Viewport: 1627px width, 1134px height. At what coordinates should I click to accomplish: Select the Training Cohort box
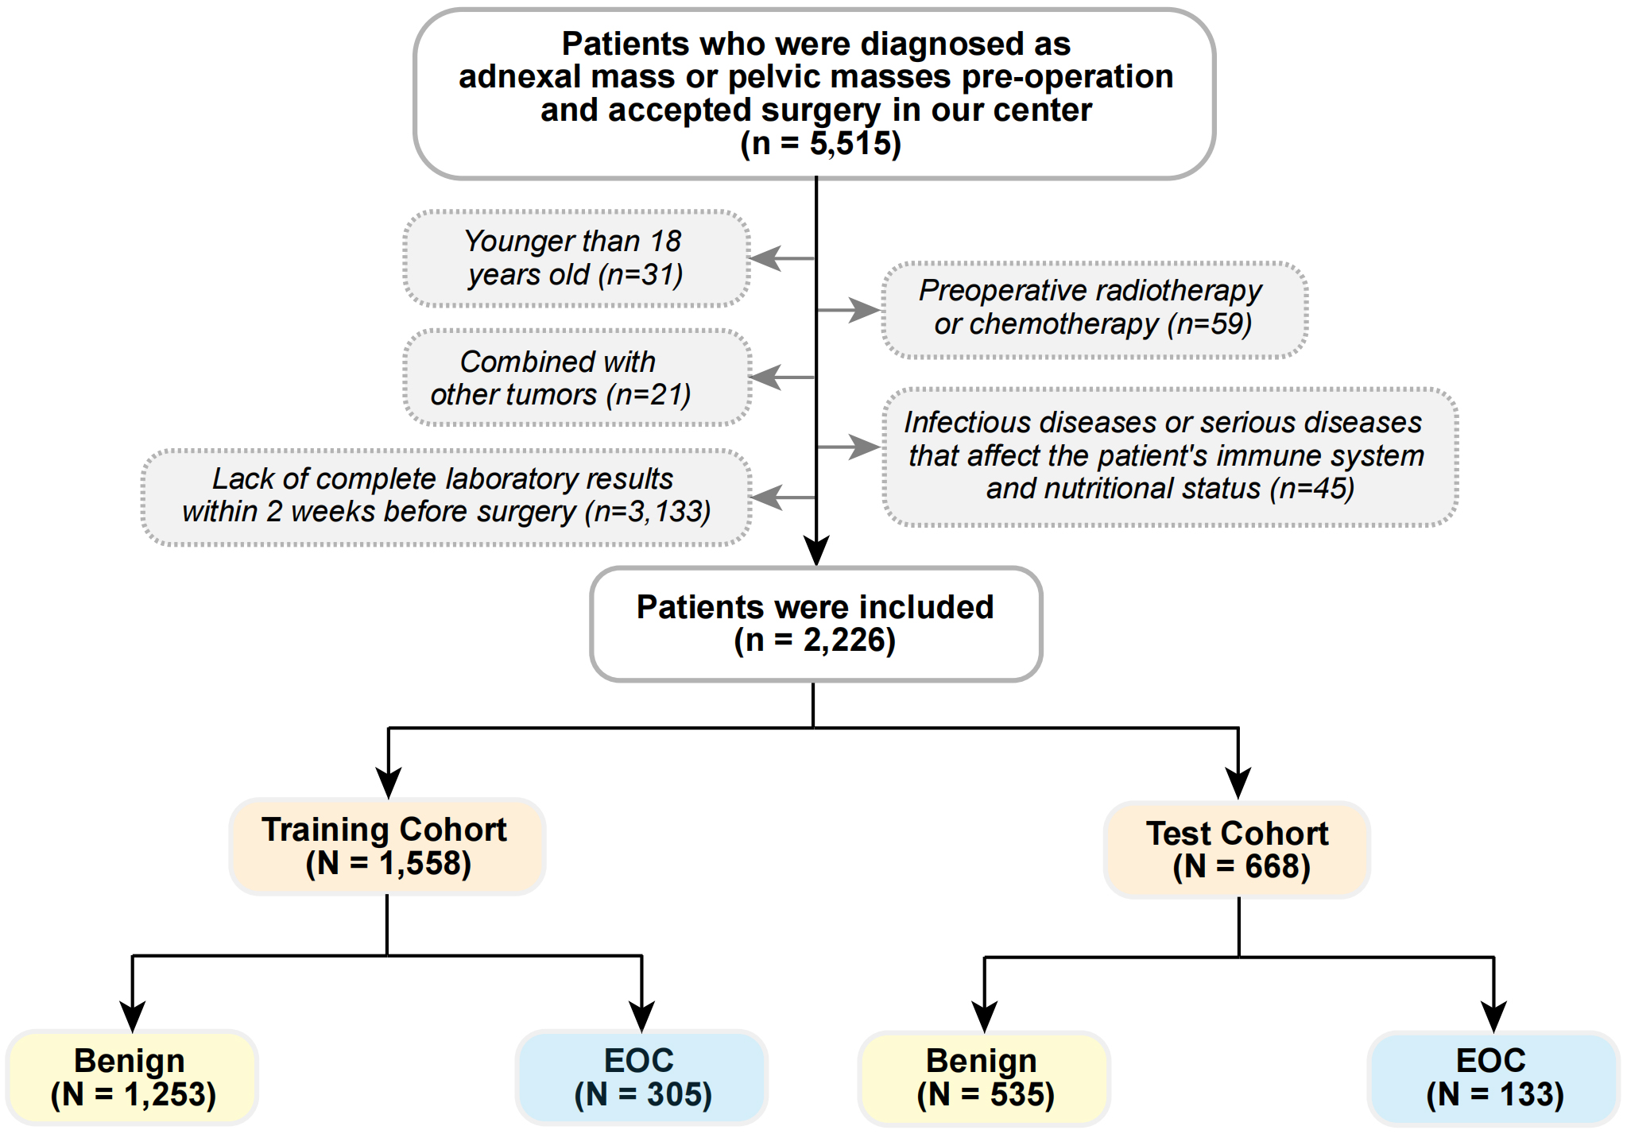click(387, 846)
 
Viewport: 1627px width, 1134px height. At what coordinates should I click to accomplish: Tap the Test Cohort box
click(1237, 850)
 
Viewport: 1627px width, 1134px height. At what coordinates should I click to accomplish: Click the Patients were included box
click(815, 624)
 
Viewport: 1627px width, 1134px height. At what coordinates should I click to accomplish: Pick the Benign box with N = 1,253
click(132, 1078)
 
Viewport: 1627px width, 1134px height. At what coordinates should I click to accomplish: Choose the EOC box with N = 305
click(641, 1078)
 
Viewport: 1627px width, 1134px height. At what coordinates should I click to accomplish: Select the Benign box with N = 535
click(984, 1078)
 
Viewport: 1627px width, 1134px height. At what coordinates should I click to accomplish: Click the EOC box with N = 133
click(1493, 1078)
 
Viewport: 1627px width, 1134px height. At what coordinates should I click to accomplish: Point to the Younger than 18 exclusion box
click(575, 258)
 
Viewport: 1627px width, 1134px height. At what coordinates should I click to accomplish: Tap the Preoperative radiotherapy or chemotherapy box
click(1094, 308)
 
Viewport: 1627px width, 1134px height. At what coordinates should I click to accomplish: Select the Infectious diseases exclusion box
click(1168, 456)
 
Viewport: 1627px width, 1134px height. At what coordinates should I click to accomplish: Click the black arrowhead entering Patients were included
click(816, 550)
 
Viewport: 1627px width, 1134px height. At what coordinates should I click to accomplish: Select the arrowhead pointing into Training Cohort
click(388, 782)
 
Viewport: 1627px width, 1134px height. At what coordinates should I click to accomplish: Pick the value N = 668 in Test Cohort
click(1242, 867)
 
